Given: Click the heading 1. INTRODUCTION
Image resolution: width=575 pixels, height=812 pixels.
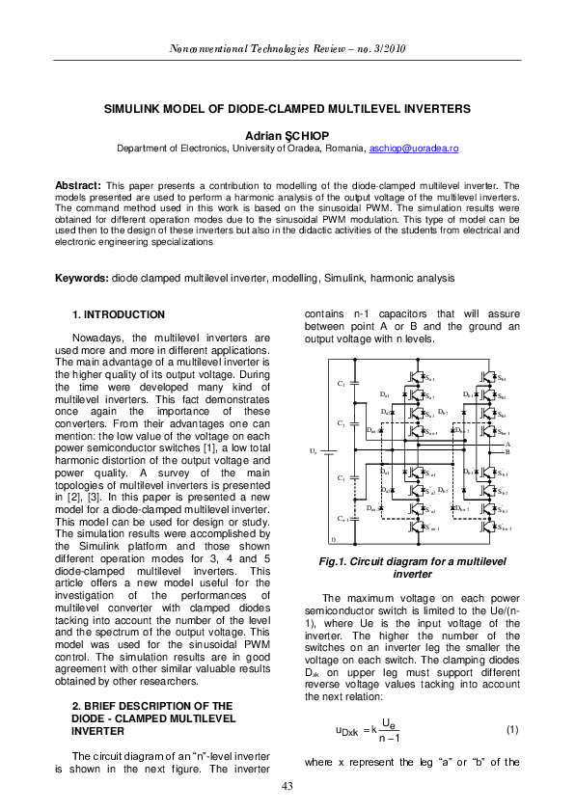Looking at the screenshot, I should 120,315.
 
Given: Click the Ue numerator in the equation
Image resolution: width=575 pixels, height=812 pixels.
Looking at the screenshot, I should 386,721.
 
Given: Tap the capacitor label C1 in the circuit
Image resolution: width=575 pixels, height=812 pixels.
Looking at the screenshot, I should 342,384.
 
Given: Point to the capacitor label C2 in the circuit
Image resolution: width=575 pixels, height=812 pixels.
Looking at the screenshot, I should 342,423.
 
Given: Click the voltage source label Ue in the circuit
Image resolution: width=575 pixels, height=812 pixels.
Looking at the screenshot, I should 312,450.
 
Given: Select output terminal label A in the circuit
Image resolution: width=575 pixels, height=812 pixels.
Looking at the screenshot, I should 507,444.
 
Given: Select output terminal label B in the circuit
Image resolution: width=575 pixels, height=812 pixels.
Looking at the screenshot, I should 507,451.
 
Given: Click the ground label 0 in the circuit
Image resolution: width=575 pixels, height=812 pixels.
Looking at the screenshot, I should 333,539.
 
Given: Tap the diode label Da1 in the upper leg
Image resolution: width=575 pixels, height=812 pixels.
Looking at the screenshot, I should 385,394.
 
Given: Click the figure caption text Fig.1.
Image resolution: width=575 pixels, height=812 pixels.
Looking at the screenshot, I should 376,561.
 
